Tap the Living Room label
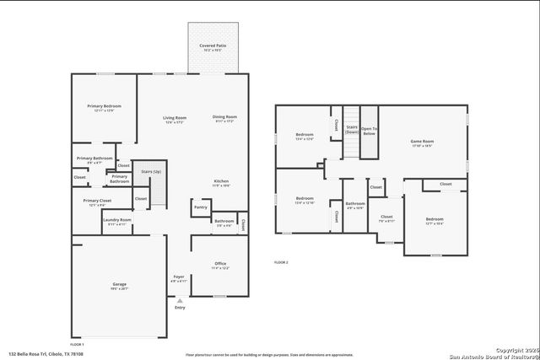click(175, 118)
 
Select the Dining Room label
click(224, 117)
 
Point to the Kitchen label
click(221, 182)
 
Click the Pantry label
click(200, 207)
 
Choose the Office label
click(219, 264)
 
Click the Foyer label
click(178, 277)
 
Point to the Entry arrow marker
click(179, 300)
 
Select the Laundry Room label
click(116, 221)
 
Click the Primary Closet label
click(94, 201)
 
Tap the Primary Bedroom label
click(104, 107)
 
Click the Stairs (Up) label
click(151, 171)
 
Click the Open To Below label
click(370, 131)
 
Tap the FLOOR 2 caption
click(281, 262)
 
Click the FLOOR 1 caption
click(77, 344)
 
